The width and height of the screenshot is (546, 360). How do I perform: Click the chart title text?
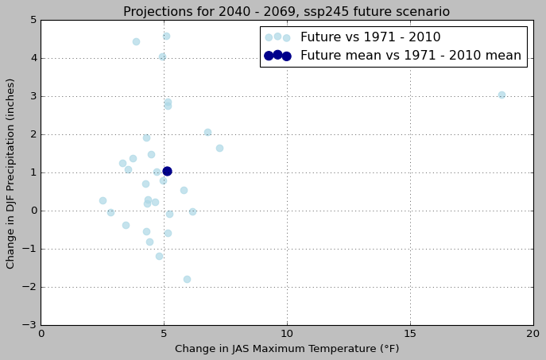(286, 12)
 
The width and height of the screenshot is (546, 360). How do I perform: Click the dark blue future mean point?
(167, 171)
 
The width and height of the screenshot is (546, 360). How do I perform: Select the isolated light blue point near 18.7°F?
(501, 95)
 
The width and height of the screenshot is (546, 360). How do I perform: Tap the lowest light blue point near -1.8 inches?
(187, 279)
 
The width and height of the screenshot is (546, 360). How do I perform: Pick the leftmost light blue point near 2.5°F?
(103, 200)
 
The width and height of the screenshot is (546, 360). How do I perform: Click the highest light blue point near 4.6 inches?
(166, 36)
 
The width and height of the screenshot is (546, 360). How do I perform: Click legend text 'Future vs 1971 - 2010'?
(370, 37)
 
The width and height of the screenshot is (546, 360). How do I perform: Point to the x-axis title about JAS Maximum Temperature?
(287, 349)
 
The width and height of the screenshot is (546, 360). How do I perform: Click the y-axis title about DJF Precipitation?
(11, 173)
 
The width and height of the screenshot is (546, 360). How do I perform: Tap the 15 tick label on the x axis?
(410, 334)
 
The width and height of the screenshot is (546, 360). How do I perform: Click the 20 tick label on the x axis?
(532, 334)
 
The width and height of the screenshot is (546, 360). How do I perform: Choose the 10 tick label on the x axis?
(287, 334)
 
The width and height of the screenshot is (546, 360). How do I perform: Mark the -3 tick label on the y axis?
(29, 325)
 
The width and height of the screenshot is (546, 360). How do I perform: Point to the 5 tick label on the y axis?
(32, 20)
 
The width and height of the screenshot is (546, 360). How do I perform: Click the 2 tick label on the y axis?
(32, 134)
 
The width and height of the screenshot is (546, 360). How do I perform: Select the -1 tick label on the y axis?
(29, 249)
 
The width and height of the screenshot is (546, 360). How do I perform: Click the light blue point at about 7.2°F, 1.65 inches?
(219, 148)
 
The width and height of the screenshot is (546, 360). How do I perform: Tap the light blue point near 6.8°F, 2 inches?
(207, 132)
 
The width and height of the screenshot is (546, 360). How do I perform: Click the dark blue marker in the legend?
(277, 56)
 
